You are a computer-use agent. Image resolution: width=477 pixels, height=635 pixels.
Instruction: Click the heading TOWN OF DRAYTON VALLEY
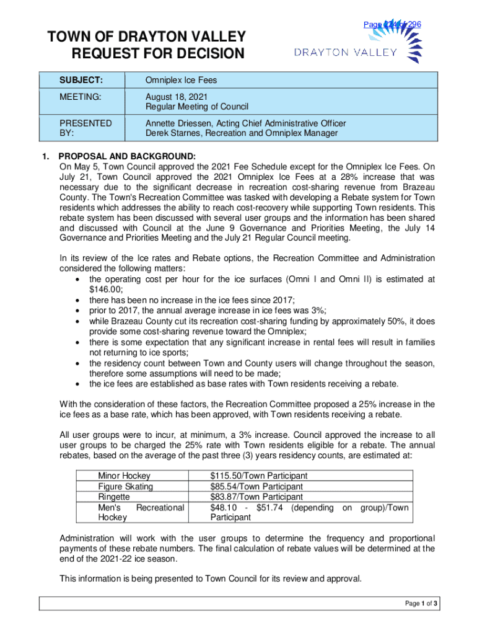coord(147,37)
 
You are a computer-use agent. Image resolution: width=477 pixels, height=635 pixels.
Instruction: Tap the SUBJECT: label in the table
coord(81,80)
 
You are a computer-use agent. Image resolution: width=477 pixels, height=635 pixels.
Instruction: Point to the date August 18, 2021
coord(177,97)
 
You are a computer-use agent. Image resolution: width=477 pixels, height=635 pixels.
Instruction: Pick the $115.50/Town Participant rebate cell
coord(259,476)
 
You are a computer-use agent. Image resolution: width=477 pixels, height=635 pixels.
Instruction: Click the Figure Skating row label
coord(126,487)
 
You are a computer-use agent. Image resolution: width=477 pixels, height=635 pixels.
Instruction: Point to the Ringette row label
coord(114,497)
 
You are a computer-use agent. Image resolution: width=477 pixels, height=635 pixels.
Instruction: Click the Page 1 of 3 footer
coord(422,603)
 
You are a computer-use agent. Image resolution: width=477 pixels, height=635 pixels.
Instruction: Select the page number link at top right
coord(392,24)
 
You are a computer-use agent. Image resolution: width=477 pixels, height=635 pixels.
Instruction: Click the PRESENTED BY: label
coord(85,128)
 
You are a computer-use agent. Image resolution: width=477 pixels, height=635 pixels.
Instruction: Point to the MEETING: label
coord(81,97)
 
